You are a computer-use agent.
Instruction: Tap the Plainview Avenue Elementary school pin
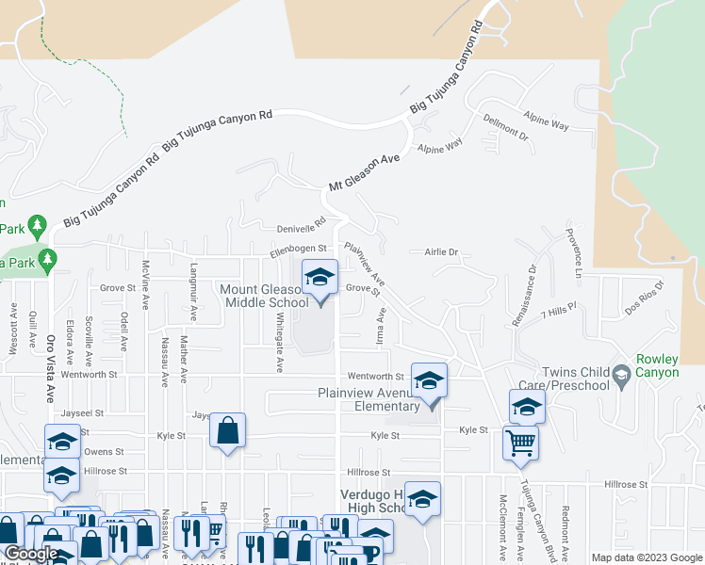(x=429, y=381)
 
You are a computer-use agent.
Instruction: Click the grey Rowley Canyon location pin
(x=621, y=377)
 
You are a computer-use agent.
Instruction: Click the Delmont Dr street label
(x=506, y=129)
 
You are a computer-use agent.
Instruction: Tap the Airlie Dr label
(x=440, y=252)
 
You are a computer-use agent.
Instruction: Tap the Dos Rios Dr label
(x=646, y=297)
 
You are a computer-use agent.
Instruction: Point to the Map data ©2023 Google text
(x=646, y=557)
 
